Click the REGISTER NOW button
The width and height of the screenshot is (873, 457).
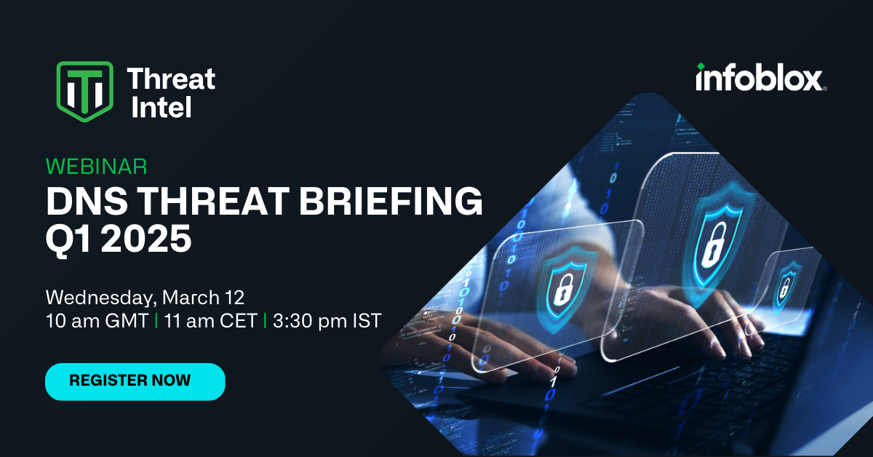pyautogui.click(x=135, y=381)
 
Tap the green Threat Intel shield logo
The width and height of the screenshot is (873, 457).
pyautogui.click(x=85, y=92)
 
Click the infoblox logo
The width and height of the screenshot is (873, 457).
pyautogui.click(x=761, y=77)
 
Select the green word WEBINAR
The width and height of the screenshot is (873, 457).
pyautogui.click(x=96, y=167)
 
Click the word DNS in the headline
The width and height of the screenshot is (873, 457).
pyautogui.click(x=87, y=201)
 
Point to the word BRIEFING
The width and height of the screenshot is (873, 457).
pyautogui.click(x=391, y=201)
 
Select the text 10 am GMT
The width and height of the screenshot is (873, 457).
pyautogui.click(x=97, y=321)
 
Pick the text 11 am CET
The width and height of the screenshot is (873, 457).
pyautogui.click(x=210, y=321)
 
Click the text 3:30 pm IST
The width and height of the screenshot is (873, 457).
pyautogui.click(x=327, y=321)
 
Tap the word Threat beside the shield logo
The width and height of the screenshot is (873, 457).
pyautogui.click(x=171, y=79)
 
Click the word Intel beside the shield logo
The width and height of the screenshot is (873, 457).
pyautogui.click(x=162, y=107)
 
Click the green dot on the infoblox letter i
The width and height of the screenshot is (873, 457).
pyautogui.click(x=701, y=66)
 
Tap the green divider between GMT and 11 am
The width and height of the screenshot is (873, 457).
pyautogui.click(x=156, y=321)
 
